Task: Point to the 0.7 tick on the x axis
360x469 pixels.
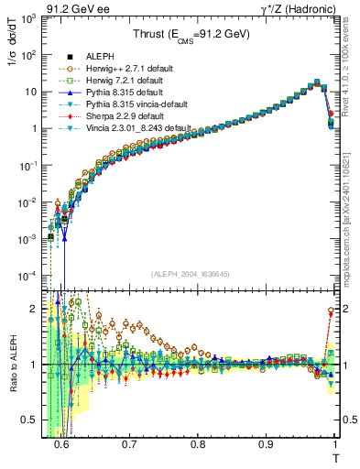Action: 129,445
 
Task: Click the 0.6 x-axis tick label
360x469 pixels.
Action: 61,445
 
